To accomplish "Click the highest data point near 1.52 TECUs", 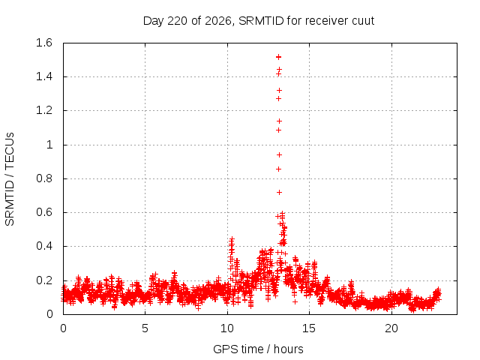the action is coord(278,57).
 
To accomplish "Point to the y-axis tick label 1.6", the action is coord(44,43).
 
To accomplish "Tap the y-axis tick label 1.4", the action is coord(44,76).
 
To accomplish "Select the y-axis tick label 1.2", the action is coord(44,110).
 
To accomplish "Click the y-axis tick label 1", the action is coord(49,145).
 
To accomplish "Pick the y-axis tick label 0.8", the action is coord(44,178).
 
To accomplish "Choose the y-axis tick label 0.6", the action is coord(44,212).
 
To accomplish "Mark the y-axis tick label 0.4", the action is coord(44,246).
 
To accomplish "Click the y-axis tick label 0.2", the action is coord(44,280).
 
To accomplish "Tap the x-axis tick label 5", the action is coord(145,328).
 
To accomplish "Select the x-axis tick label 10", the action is coord(227,328).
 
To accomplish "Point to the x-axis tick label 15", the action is coord(309,328).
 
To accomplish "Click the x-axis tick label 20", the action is coord(391,328).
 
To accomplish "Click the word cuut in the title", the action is coord(363,21).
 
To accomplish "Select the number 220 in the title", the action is coord(178,21).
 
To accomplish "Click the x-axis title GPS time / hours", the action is coord(258,349).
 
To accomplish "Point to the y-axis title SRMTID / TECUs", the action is coord(10,179).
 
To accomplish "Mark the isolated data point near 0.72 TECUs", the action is coord(279,192).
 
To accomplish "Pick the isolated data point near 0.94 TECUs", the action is coord(279,155).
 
